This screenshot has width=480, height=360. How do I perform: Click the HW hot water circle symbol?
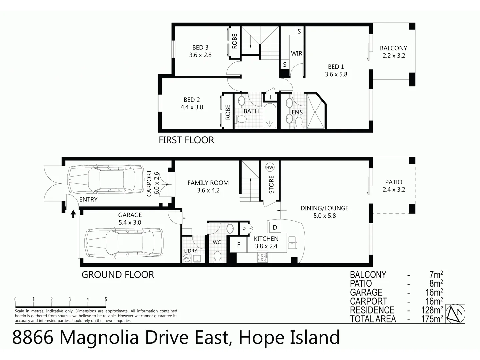pyautogui.click(x=270, y=167)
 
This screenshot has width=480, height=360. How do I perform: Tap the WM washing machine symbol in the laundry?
pyautogui.click(x=187, y=258)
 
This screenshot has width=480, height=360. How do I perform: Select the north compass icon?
pyautogui.click(x=456, y=314)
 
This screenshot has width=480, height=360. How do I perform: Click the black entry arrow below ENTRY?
pyautogui.click(x=73, y=213)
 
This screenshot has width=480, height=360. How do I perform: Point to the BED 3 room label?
pyautogui.click(x=200, y=48)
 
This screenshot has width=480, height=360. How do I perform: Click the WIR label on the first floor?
pyautogui.click(x=296, y=53)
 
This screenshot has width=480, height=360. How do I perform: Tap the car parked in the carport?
pyautogui.click(x=106, y=179)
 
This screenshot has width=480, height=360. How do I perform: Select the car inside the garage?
pyautogui.click(x=124, y=243)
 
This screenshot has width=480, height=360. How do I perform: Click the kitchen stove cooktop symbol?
pyautogui.click(x=262, y=257)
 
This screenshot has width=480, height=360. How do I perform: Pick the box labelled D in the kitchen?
pyautogui.click(x=275, y=227)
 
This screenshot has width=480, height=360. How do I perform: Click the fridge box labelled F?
pyautogui.click(x=239, y=245)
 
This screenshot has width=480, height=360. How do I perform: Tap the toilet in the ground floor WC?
pyautogui.click(x=217, y=257)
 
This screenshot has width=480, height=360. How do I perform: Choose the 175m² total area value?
pyautogui.click(x=432, y=319)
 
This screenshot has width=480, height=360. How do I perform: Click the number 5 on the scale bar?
pyautogui.click(x=106, y=300)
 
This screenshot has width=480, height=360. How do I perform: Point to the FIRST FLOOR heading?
pyautogui.click(x=186, y=140)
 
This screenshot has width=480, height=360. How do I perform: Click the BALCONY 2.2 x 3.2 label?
pyautogui.click(x=394, y=52)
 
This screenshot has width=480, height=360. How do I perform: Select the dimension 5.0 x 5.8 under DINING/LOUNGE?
pyautogui.click(x=324, y=216)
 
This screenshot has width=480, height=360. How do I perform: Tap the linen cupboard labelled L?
pyautogui.click(x=271, y=97)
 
